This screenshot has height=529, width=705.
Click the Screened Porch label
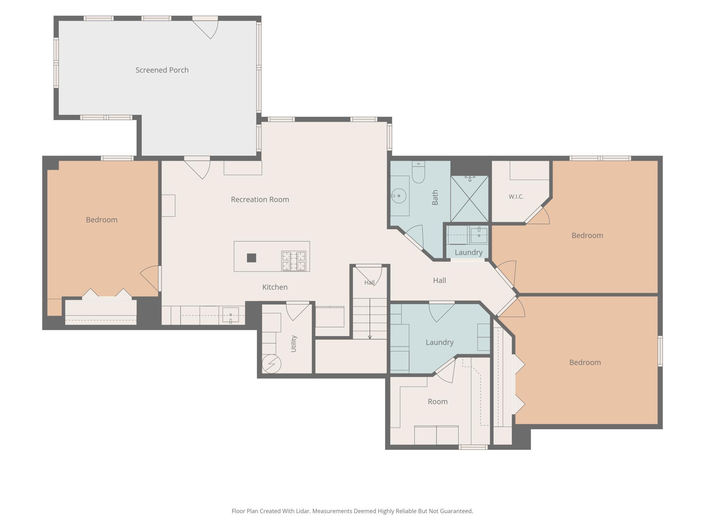[162, 70]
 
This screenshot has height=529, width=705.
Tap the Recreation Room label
[260, 199]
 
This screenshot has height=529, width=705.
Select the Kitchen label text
[275, 287]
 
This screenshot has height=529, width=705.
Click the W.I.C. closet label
[516, 197]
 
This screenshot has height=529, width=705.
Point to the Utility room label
[294, 344]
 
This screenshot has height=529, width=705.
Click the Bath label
[435, 197]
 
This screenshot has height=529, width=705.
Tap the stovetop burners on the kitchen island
[294, 261]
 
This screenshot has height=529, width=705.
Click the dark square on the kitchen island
[251, 258]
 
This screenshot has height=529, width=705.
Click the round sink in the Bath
[399, 196]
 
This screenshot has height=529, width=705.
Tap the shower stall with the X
[469, 199]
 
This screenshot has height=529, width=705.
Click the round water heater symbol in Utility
[271, 364]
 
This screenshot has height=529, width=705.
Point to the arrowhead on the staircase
[370, 337]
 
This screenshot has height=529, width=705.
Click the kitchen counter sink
[230, 315]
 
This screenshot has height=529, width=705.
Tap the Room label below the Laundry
[438, 402]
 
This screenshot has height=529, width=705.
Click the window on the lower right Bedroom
[660, 351]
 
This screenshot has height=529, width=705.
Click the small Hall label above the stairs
[369, 282]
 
